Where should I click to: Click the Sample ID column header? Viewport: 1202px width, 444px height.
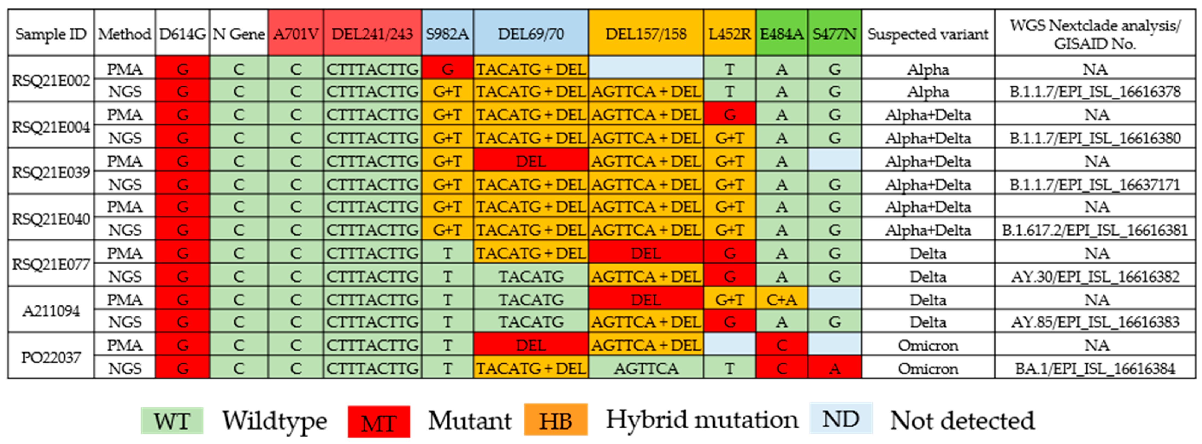point(51,34)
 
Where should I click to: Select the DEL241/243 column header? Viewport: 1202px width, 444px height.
point(372,34)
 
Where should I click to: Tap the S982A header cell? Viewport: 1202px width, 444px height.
point(447,34)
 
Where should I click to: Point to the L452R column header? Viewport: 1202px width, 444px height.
point(729,34)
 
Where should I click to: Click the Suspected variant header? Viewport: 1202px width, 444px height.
point(928,34)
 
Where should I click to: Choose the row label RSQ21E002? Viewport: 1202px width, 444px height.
point(51,80)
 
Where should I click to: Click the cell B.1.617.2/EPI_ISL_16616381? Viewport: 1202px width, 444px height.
point(1095,230)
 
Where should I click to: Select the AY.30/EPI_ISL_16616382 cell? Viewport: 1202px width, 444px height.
point(1095,277)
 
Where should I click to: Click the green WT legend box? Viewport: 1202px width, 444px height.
point(172,421)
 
